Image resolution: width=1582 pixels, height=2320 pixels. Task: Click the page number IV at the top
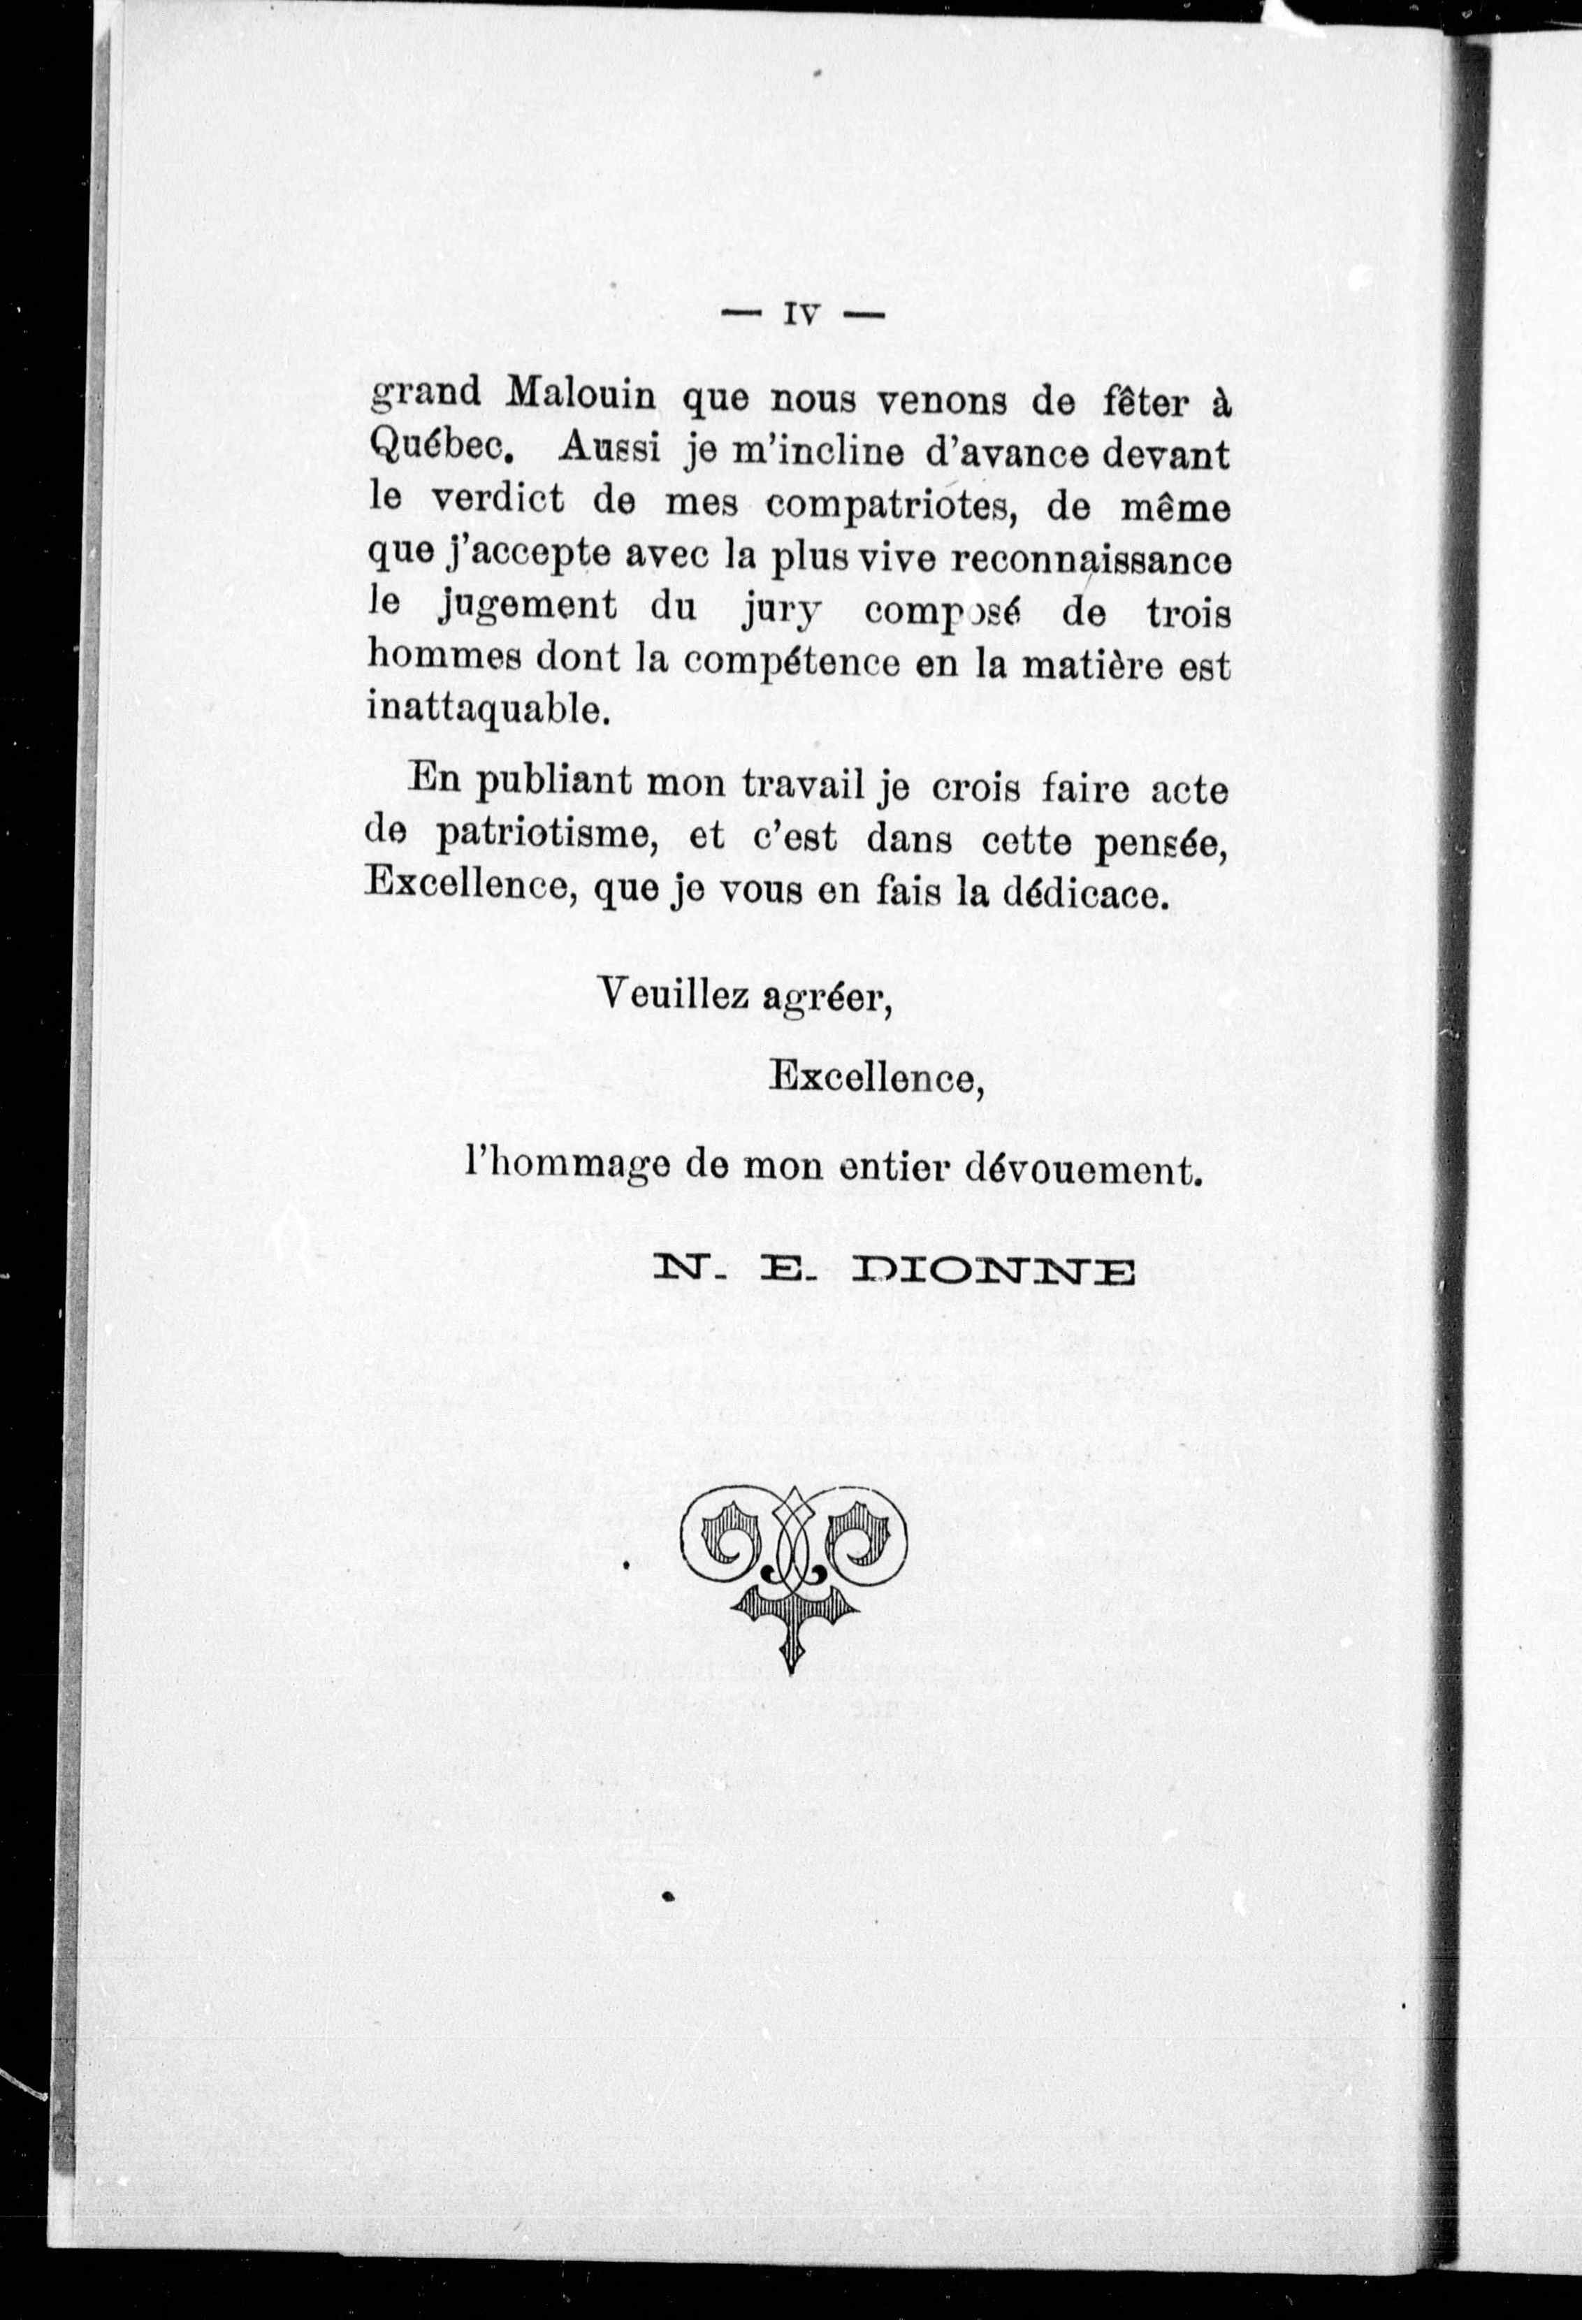[801, 314]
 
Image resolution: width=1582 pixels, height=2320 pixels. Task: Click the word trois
[1184, 610]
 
